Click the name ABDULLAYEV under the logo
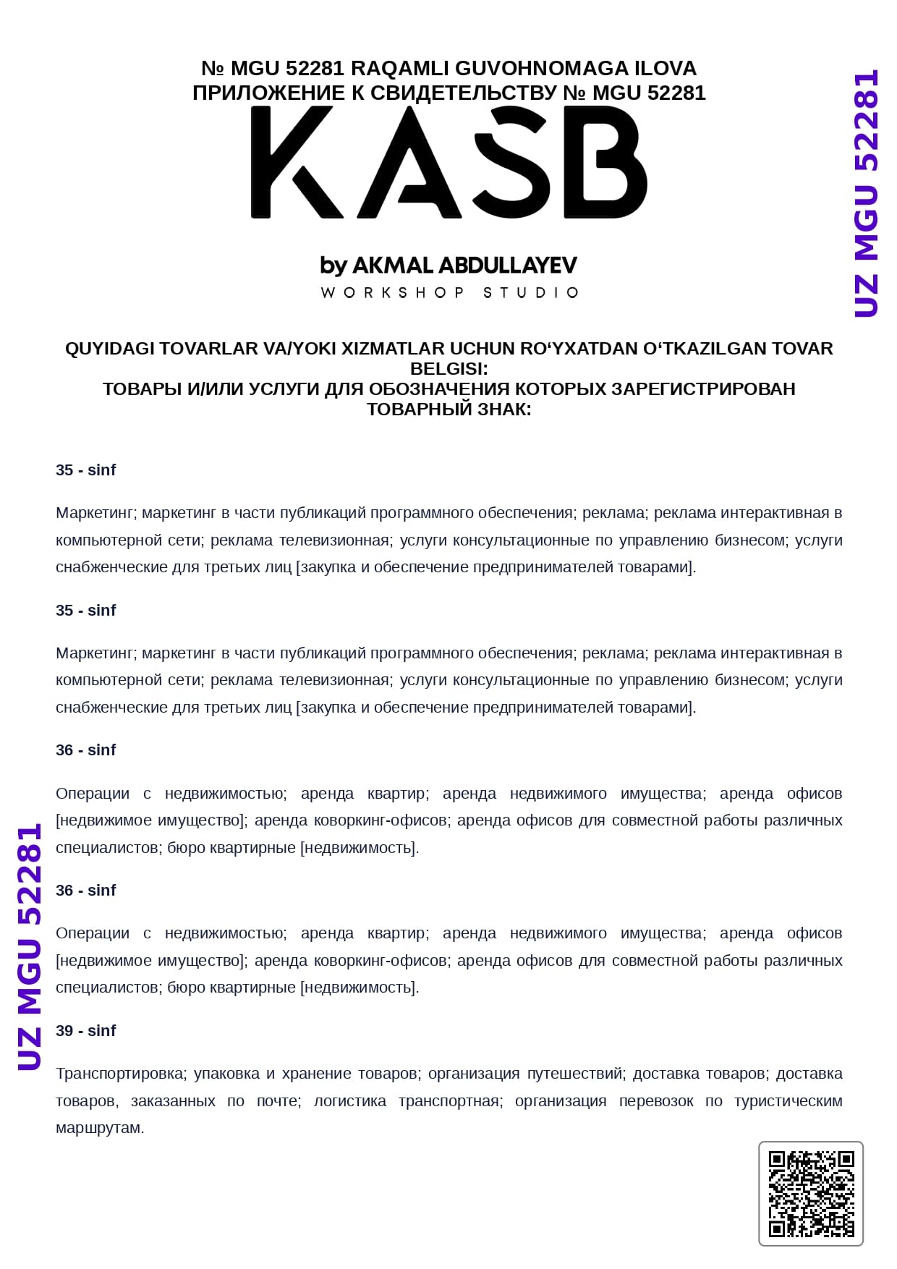pyautogui.click(x=508, y=266)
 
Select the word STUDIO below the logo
pyautogui.click(x=531, y=293)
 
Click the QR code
pyautogui.click(x=811, y=1194)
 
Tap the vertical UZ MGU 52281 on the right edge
pyautogui.click(x=866, y=194)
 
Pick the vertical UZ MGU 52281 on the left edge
pyautogui.click(x=30, y=947)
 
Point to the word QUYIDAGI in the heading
pyautogui.click(x=109, y=349)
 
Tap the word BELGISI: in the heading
pyautogui.click(x=448, y=369)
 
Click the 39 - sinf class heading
pyautogui.click(x=85, y=1031)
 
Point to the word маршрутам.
pyautogui.click(x=100, y=1128)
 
